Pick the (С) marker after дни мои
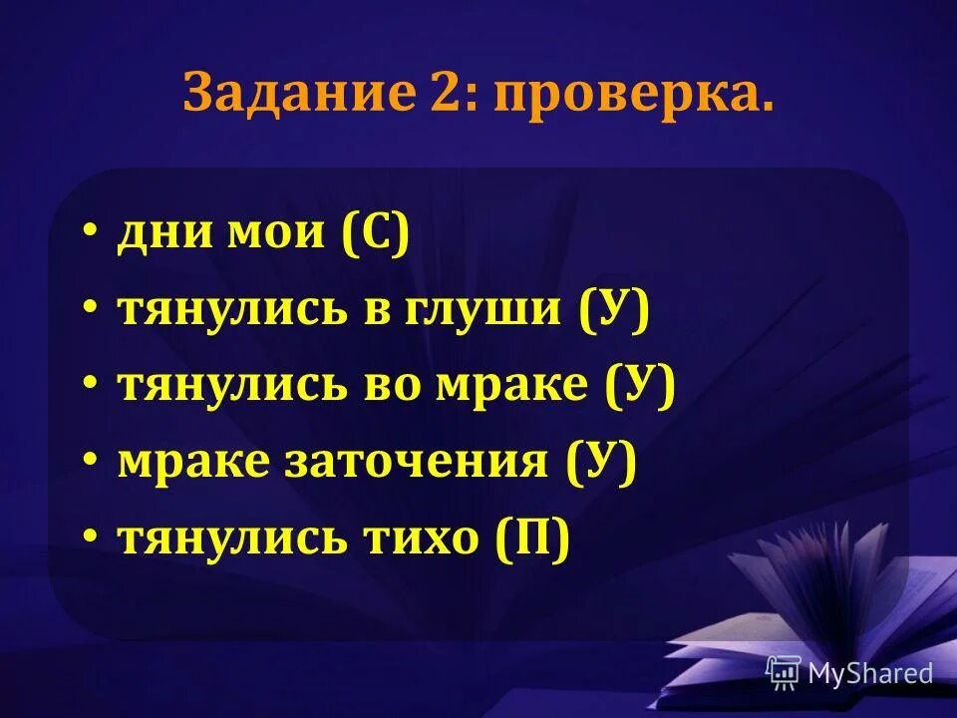(375, 234)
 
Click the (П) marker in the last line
(532, 539)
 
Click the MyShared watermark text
(870, 673)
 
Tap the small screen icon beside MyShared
(784, 673)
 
